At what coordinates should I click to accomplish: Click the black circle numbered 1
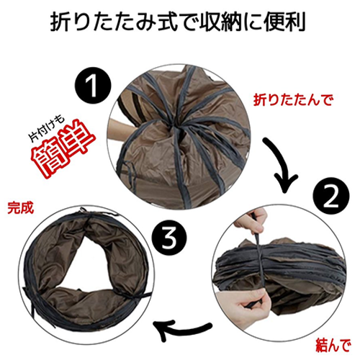point(93,86)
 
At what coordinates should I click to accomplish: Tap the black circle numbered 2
point(331,196)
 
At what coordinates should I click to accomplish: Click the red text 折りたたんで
point(293,99)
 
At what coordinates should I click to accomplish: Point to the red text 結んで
point(333,345)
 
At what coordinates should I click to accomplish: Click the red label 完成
point(20,207)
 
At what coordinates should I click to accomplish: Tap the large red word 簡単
point(63,148)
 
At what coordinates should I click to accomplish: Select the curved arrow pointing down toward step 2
point(283,168)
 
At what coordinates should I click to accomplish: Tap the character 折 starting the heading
point(60,22)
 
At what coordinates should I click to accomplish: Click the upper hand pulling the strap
point(251,220)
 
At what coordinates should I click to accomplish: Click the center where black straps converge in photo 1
point(175,125)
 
